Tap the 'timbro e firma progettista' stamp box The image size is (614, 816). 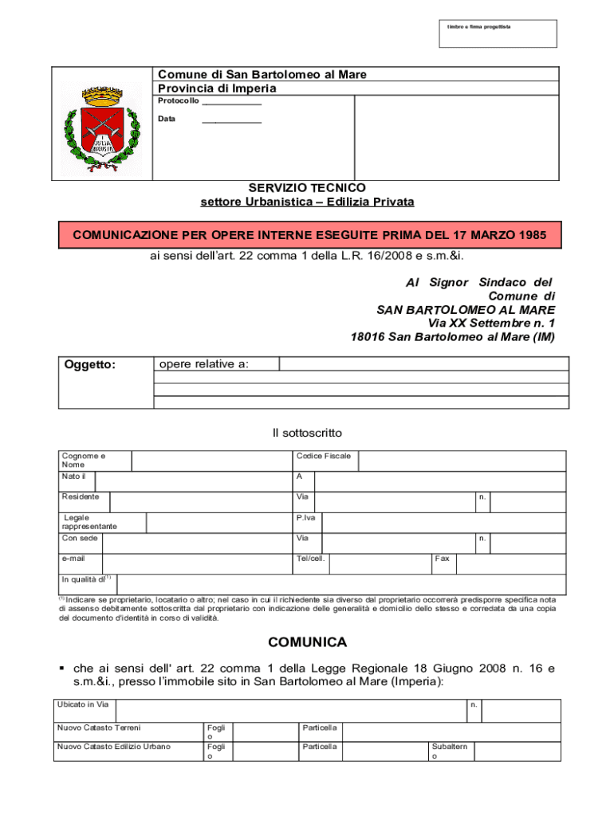tap(498, 33)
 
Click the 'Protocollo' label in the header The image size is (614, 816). tap(178, 101)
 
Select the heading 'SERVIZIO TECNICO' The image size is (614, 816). tap(307, 187)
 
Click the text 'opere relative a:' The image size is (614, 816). tap(204, 364)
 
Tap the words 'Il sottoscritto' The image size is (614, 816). tap(307, 433)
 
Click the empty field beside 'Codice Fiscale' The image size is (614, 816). tap(462, 461)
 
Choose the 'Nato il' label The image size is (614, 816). tap(73, 477)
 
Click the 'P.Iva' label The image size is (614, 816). tap(305, 518)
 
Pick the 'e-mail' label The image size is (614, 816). tap(73, 559)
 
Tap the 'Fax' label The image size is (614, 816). tap(442, 559)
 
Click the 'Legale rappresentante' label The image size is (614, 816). tap(89, 522)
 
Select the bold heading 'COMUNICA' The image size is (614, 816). tap(307, 642)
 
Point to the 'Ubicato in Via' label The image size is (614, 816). tap(82, 704)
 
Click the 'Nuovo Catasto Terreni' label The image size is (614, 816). tap(98, 728)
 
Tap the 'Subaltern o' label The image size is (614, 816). tap(449, 751)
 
